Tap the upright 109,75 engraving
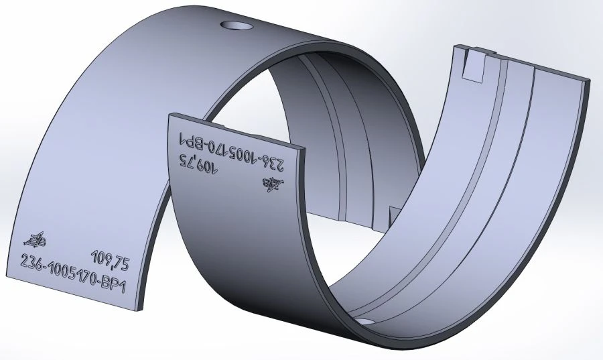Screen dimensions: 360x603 [111, 257]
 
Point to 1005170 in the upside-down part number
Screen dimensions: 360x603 [231, 152]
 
